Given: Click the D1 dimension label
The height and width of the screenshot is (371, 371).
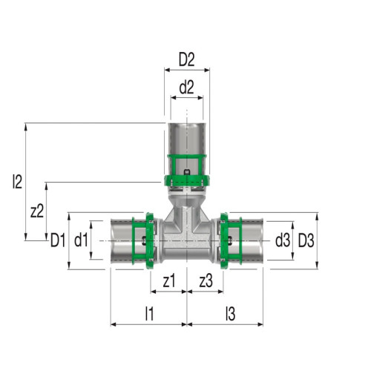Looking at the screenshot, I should pos(59,240).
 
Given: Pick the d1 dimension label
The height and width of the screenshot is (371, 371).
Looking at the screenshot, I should pos(82,240).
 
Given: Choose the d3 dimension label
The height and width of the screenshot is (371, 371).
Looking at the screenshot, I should pos(283,240).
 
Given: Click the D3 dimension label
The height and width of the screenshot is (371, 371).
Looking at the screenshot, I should pos(306,240).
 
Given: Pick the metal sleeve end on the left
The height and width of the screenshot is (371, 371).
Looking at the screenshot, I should pos(120,241).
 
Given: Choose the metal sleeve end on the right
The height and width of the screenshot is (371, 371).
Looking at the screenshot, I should pos(253,241).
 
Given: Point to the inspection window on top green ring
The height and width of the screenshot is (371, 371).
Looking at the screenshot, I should pos(187,175).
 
